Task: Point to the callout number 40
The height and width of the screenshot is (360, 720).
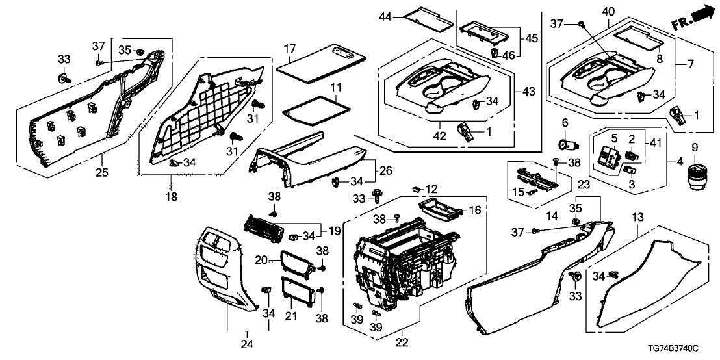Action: pos(608,11)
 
